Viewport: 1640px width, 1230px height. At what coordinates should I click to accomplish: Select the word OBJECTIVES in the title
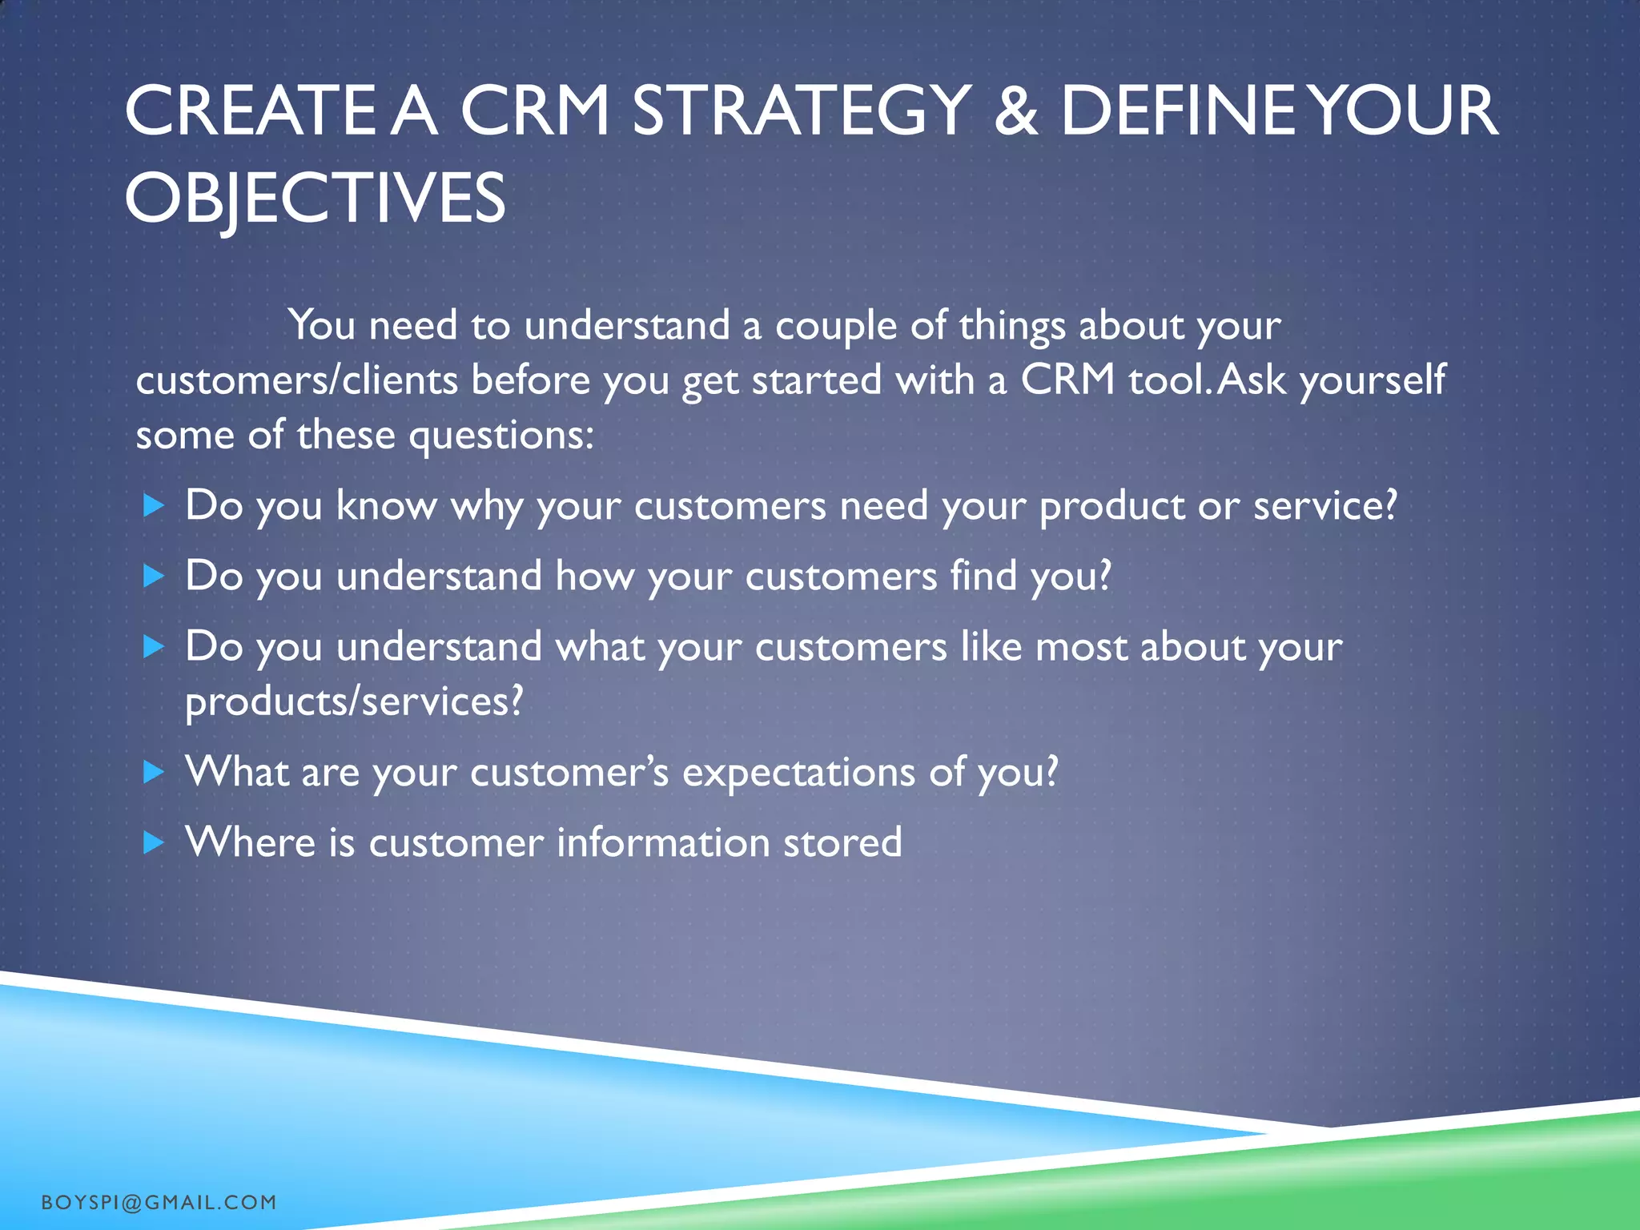point(315,198)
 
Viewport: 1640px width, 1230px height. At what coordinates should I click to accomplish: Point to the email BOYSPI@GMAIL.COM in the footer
point(159,1202)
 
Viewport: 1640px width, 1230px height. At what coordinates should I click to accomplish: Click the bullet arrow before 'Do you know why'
point(153,505)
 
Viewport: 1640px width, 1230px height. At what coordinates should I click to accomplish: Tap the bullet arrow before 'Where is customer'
point(153,842)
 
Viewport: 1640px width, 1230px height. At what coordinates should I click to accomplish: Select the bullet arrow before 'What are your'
point(153,772)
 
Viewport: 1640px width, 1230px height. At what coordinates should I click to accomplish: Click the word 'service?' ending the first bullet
point(1324,506)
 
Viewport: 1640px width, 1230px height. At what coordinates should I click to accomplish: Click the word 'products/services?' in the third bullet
point(353,701)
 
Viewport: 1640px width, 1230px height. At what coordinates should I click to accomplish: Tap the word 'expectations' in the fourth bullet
point(798,773)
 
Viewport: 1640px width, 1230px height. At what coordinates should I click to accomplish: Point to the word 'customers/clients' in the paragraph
point(296,380)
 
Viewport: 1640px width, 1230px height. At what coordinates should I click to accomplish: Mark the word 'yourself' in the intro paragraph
point(1373,380)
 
